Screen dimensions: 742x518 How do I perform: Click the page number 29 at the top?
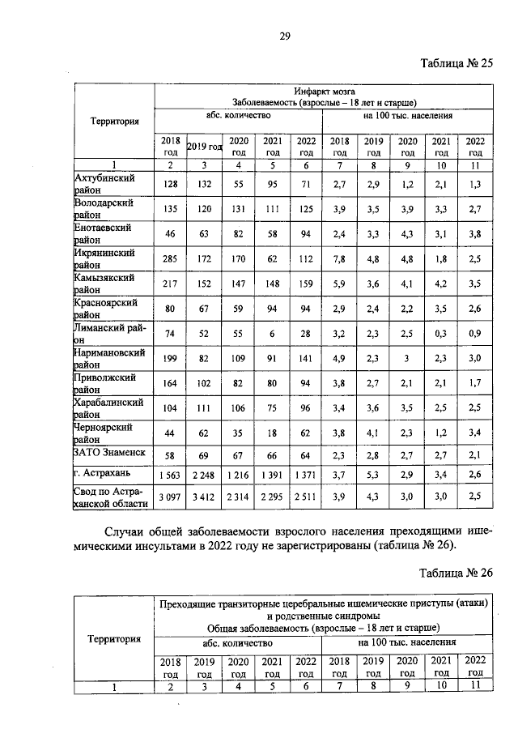pyautogui.click(x=285, y=34)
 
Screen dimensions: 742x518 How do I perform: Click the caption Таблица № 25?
pyautogui.click(x=456, y=64)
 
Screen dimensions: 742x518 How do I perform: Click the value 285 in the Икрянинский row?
pyautogui.click(x=171, y=259)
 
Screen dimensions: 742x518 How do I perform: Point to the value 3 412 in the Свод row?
pyautogui.click(x=204, y=497)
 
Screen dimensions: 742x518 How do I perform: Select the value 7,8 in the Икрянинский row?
pyautogui.click(x=339, y=259)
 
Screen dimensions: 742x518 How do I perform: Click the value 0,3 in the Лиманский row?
pyautogui.click(x=441, y=332)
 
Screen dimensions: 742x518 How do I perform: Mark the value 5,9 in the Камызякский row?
pyautogui.click(x=339, y=284)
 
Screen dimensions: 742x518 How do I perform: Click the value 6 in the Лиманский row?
pyautogui.click(x=272, y=332)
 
